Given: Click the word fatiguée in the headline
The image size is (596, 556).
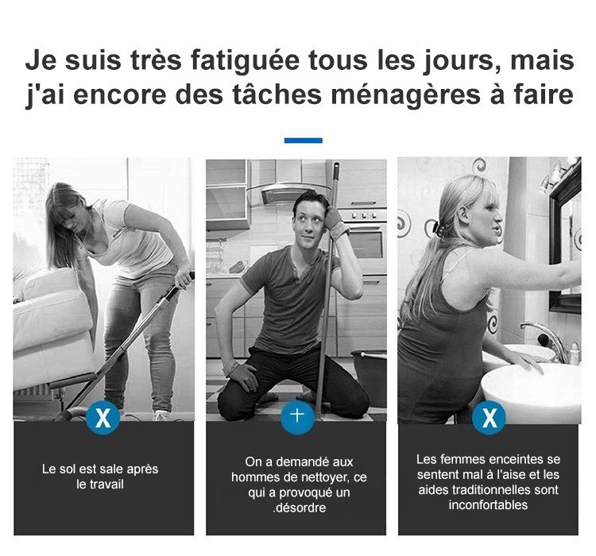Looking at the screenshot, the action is pyautogui.click(x=245, y=61).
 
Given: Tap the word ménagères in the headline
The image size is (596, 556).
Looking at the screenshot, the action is pyautogui.click(x=406, y=95).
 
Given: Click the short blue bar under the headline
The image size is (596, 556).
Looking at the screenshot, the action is pyautogui.click(x=304, y=141).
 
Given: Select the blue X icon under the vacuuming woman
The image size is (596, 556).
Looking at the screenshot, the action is pyautogui.click(x=103, y=417).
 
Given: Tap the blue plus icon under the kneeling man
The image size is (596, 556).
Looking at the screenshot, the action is pyautogui.click(x=298, y=417).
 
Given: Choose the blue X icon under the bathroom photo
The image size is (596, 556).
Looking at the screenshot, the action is pyautogui.click(x=489, y=417).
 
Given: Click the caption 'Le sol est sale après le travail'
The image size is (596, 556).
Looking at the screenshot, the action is pyautogui.click(x=100, y=477).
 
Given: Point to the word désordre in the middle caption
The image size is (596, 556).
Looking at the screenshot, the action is pyautogui.click(x=300, y=508).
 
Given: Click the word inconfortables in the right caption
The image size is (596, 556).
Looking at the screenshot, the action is pyautogui.click(x=488, y=505).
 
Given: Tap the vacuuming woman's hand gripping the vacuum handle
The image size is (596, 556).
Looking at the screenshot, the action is pyautogui.click(x=184, y=279).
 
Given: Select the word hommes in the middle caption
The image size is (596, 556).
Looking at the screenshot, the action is pyautogui.click(x=253, y=477).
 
